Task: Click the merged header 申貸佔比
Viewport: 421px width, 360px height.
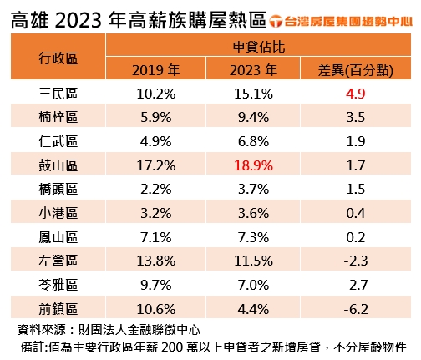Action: coord(251,47)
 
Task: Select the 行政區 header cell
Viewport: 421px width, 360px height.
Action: coord(58,58)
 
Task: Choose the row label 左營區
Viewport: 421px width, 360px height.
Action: coord(58,261)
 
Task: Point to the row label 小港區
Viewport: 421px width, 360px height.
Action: coord(58,213)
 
